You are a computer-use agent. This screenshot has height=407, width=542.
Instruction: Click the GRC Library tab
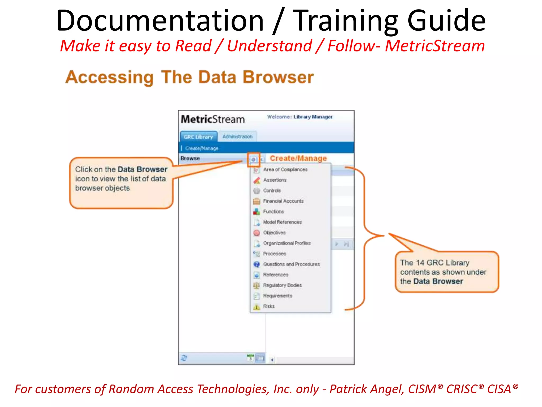[x=198, y=137]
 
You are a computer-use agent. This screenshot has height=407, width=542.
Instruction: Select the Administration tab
[x=237, y=136]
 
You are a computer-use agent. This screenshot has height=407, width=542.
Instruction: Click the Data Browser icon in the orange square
[x=253, y=160]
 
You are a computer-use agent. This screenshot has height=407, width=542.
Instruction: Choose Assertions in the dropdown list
[x=275, y=180]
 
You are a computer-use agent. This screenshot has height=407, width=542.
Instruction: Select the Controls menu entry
[x=272, y=191]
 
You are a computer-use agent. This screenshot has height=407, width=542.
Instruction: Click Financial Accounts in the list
[x=283, y=201]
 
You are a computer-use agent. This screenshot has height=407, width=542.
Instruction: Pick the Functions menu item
[x=273, y=211]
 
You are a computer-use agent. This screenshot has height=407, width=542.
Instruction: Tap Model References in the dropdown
[x=282, y=222]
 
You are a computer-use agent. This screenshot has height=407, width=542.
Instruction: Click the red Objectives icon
[x=256, y=233]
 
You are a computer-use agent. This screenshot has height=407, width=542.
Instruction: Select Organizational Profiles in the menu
[x=287, y=243]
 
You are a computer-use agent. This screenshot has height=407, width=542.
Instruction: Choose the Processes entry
[x=274, y=254]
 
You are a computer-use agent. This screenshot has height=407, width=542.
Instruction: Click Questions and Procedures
[x=291, y=264]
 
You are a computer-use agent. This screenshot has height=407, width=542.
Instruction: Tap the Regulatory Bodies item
[x=282, y=285]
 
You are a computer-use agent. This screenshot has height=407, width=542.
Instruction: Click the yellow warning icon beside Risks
[x=256, y=307]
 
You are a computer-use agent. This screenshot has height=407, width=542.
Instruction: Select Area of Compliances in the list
[x=285, y=169]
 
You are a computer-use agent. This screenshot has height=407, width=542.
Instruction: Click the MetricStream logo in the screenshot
[x=213, y=119]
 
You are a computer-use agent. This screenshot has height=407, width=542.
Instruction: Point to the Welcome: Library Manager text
[x=300, y=117]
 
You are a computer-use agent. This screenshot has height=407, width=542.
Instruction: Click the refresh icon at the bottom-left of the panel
[x=184, y=358]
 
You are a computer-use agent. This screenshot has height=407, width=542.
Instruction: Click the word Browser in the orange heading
[x=278, y=77]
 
